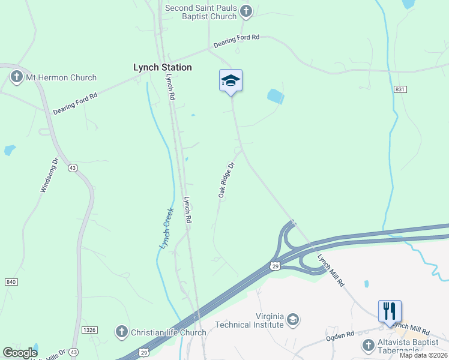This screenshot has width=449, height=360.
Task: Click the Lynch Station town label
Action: click(x=162, y=67)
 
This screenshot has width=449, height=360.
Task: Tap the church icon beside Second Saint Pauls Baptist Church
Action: click(x=246, y=11)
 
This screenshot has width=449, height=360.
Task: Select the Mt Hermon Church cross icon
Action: click(x=16, y=77)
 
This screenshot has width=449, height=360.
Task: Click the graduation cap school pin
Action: click(x=231, y=80)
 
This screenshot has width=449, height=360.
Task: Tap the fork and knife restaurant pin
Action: click(x=390, y=311)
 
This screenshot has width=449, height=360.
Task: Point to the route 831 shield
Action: click(x=400, y=89)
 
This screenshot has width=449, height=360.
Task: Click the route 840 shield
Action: click(x=11, y=282)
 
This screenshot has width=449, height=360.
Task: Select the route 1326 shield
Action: click(x=89, y=330)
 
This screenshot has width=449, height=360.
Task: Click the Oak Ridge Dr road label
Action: click(x=226, y=179)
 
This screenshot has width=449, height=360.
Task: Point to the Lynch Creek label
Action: click(x=166, y=228)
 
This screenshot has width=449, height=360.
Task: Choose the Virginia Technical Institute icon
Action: click(x=293, y=318)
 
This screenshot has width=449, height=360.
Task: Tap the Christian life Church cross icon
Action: click(x=121, y=332)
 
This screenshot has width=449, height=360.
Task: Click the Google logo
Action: click(x=20, y=353)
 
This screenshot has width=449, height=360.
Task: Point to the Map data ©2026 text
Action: click(x=424, y=355)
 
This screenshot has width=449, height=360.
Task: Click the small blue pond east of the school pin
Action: click(x=275, y=96)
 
